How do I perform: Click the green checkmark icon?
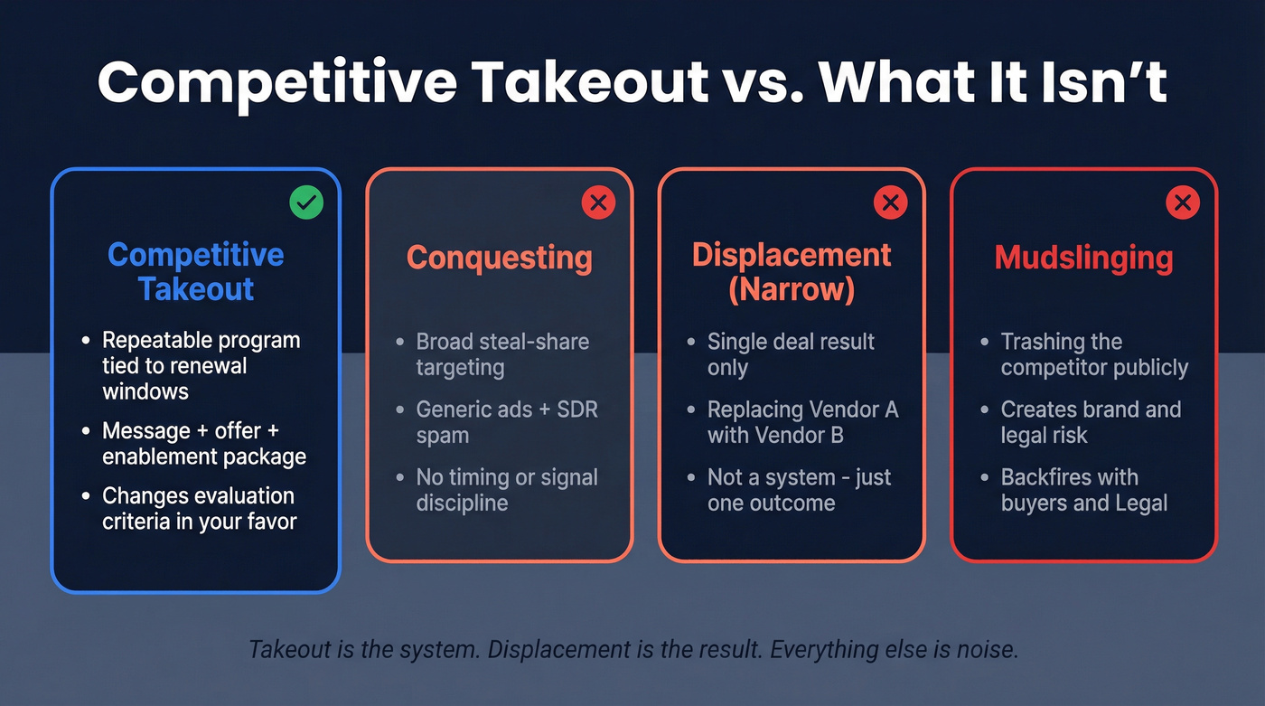(x=306, y=202)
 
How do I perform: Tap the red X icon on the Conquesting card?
(x=597, y=202)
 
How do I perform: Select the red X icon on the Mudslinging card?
(x=1182, y=202)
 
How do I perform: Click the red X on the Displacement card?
(x=890, y=202)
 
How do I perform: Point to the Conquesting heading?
(x=500, y=258)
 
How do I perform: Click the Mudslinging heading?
(x=1083, y=258)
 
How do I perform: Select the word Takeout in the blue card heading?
(x=196, y=289)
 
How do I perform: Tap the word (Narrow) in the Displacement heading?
(x=792, y=289)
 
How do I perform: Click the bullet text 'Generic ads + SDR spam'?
(x=506, y=422)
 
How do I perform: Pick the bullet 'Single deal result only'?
(x=791, y=354)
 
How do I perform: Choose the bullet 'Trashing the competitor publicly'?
(x=1093, y=354)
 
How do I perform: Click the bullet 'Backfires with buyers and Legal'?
(x=1083, y=490)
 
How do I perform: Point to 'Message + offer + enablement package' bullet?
(x=203, y=443)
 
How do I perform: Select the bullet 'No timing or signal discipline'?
(x=506, y=490)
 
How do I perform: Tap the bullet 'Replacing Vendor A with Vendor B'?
(x=801, y=422)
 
